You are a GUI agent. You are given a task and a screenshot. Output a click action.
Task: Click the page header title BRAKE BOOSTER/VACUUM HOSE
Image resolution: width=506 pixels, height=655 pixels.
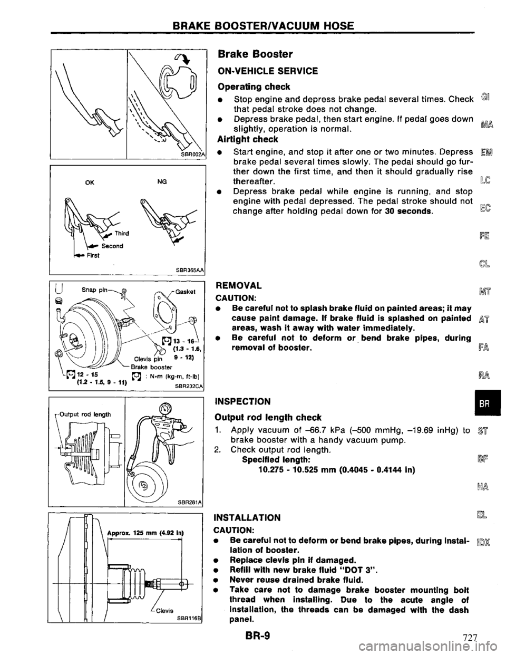(253, 25)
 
